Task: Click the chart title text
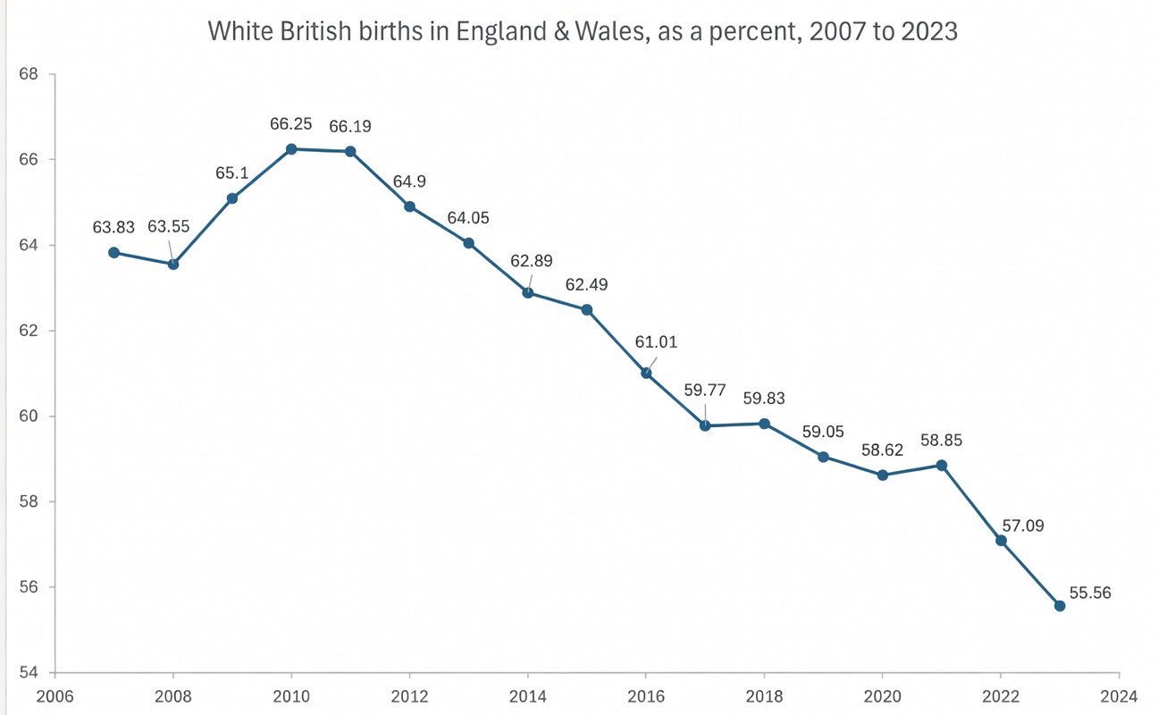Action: (583, 31)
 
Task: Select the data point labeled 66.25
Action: (291, 148)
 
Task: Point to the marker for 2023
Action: (1060, 605)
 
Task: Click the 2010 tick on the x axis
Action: (291, 696)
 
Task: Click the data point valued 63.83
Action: (113, 252)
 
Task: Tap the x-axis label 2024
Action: (1119, 696)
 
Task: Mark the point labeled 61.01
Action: (646, 373)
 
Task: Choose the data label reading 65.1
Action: (231, 172)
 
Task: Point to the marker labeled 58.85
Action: (942, 465)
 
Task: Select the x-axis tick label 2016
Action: (646, 696)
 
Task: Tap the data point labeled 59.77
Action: (705, 425)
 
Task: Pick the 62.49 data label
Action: (587, 286)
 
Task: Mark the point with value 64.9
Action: (409, 206)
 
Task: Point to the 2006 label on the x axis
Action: (55, 696)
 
